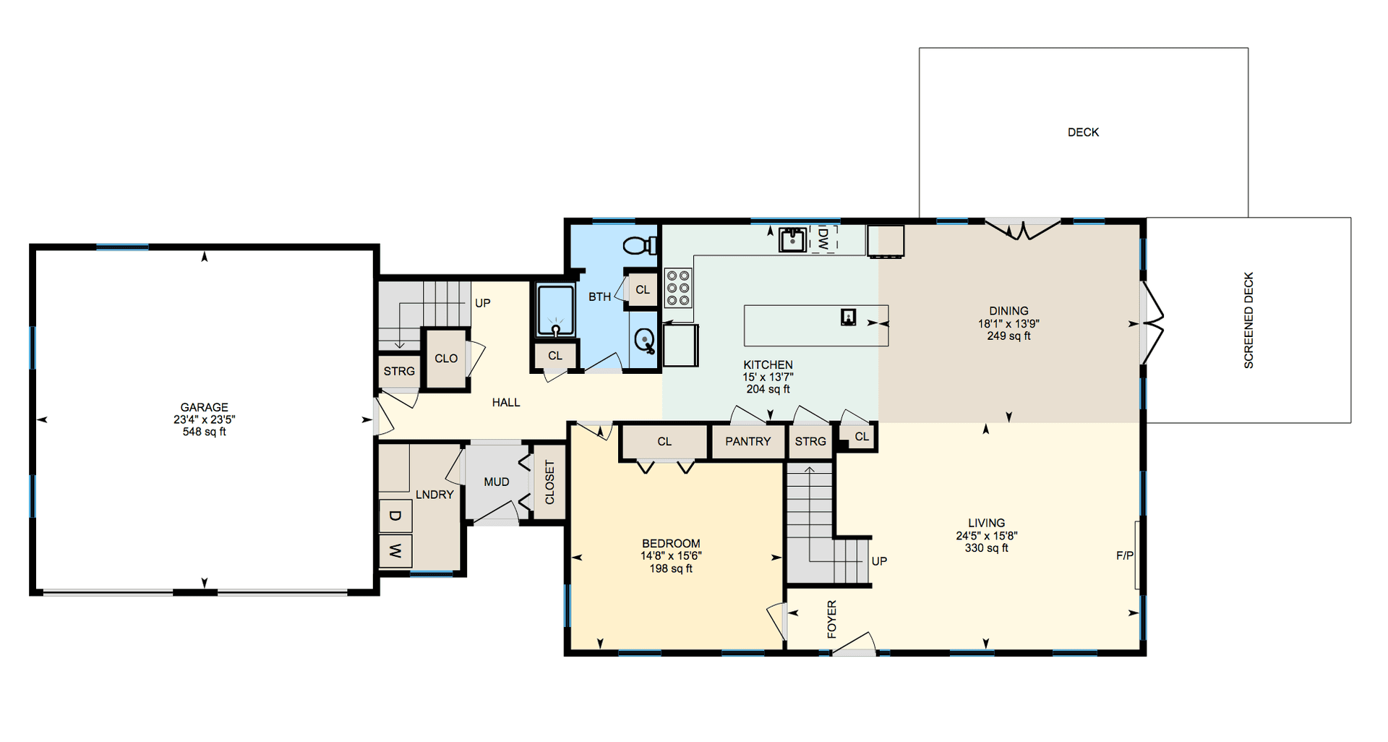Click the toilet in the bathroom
click(640, 245)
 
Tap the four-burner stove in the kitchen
click(678, 287)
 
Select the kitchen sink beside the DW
click(792, 239)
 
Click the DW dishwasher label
click(823, 239)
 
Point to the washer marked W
click(395, 551)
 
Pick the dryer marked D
click(395, 516)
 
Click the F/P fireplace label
click(1125, 555)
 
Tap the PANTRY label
click(747, 441)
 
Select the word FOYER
click(831, 619)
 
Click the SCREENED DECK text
click(1248, 320)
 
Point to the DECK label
click(1083, 132)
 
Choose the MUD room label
click(496, 482)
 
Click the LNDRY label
click(434, 495)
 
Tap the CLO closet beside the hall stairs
click(446, 359)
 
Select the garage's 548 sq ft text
click(205, 432)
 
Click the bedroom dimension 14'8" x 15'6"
click(671, 556)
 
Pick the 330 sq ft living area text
click(986, 548)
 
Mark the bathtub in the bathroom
click(555, 310)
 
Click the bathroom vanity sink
click(645, 339)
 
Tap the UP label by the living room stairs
click(879, 561)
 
